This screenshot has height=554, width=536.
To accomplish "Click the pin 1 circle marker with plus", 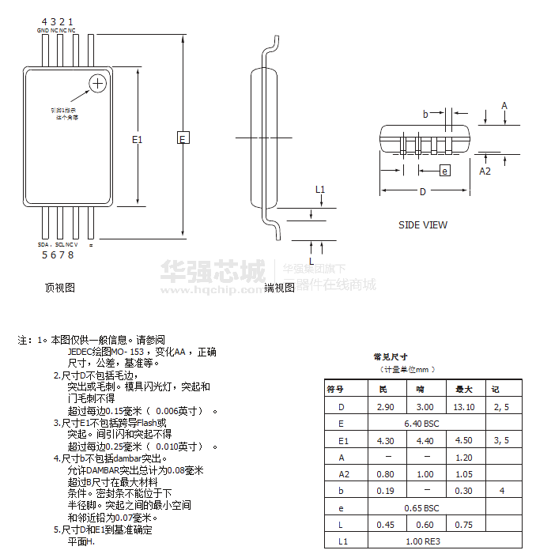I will (x=98, y=83).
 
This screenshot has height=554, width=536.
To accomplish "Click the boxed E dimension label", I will (x=183, y=138).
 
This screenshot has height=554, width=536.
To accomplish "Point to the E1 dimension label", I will (x=138, y=140).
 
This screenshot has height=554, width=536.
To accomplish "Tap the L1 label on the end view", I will (x=319, y=190).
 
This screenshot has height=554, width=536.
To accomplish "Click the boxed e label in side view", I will (x=445, y=171).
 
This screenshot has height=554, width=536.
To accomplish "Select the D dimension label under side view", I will (x=423, y=192).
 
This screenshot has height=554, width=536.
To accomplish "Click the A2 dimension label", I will (x=485, y=171).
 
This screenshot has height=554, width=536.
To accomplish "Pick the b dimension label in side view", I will (x=425, y=115).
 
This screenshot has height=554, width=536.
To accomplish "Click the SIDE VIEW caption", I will (x=422, y=225).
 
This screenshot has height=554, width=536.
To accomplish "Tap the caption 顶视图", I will (x=60, y=288).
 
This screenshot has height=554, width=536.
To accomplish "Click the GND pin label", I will (x=43, y=31).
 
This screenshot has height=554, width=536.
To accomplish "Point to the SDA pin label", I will (x=43, y=245).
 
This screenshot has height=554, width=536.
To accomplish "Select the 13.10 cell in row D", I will (x=464, y=407).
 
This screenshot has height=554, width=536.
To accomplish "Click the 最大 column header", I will (x=464, y=389).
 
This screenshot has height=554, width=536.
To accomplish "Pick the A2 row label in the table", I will (x=343, y=474).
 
